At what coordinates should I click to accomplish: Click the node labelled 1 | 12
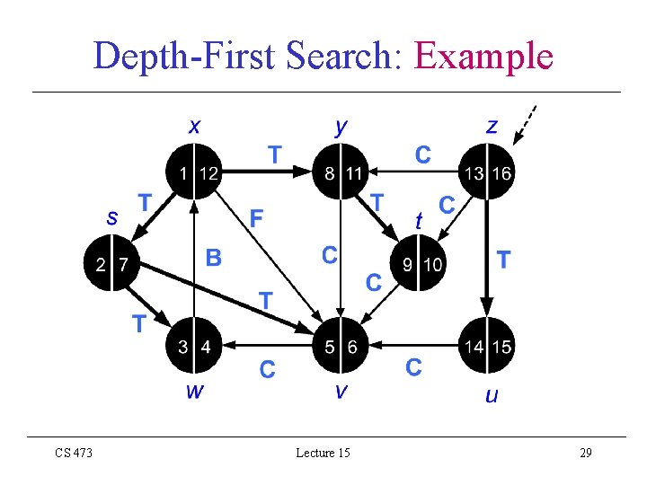tap(194, 172)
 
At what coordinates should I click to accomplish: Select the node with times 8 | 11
tap(341, 172)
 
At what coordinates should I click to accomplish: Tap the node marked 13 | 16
tap(486, 172)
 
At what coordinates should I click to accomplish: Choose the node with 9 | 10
tap(421, 264)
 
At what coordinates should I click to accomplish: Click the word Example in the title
tap(483, 56)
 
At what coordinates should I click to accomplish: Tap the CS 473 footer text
tap(73, 453)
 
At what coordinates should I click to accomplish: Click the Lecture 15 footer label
tap(323, 453)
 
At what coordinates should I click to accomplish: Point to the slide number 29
tap(585, 453)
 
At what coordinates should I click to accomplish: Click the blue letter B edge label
tap(213, 259)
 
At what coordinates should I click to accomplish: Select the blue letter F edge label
tap(257, 218)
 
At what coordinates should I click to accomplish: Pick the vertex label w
tap(194, 391)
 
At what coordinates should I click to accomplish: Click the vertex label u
tap(491, 395)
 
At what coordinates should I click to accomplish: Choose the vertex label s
tap(112, 216)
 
